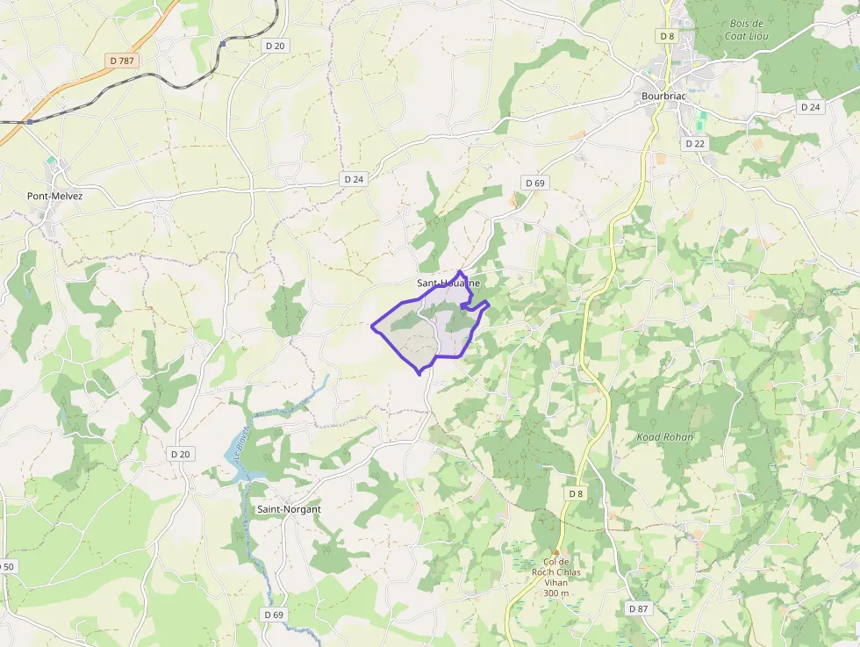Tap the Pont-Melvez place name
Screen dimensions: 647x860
(54, 196)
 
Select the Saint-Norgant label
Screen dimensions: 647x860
(289, 509)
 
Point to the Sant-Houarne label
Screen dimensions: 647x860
(448, 284)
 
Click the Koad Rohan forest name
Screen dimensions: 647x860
(665, 437)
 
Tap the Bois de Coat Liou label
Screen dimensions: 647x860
(747, 30)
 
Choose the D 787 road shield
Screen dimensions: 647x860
(122, 61)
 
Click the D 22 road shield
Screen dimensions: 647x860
(695, 143)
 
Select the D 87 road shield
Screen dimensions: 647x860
(638, 608)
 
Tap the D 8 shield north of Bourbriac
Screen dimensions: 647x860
(668, 36)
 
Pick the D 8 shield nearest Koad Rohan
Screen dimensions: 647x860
(575, 493)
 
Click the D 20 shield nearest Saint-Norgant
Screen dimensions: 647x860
(180, 454)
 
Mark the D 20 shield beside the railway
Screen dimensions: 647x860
(275, 45)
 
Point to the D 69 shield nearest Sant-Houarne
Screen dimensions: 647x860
(534, 183)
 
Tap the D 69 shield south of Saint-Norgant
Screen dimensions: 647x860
(274, 615)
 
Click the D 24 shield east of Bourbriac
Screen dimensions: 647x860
(810, 106)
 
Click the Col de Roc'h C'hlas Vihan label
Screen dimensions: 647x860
(557, 578)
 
